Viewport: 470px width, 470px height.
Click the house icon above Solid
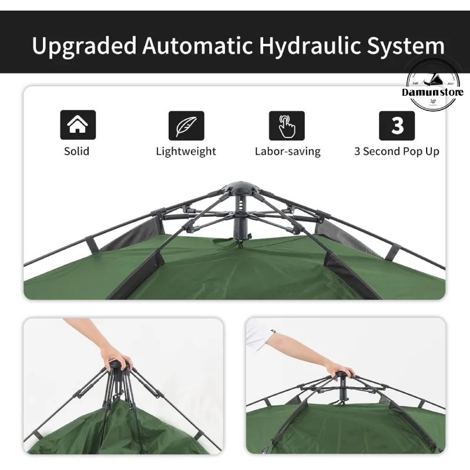(x=78, y=125)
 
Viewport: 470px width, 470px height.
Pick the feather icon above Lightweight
(x=186, y=125)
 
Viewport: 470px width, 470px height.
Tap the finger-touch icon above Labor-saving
(x=287, y=125)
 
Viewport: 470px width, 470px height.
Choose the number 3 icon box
(x=397, y=125)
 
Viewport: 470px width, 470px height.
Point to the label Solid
(x=77, y=151)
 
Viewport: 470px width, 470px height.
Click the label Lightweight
(x=186, y=151)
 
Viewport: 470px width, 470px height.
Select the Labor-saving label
(x=287, y=151)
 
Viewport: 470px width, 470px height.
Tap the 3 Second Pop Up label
(x=397, y=151)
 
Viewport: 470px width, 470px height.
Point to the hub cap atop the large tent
(x=240, y=187)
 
